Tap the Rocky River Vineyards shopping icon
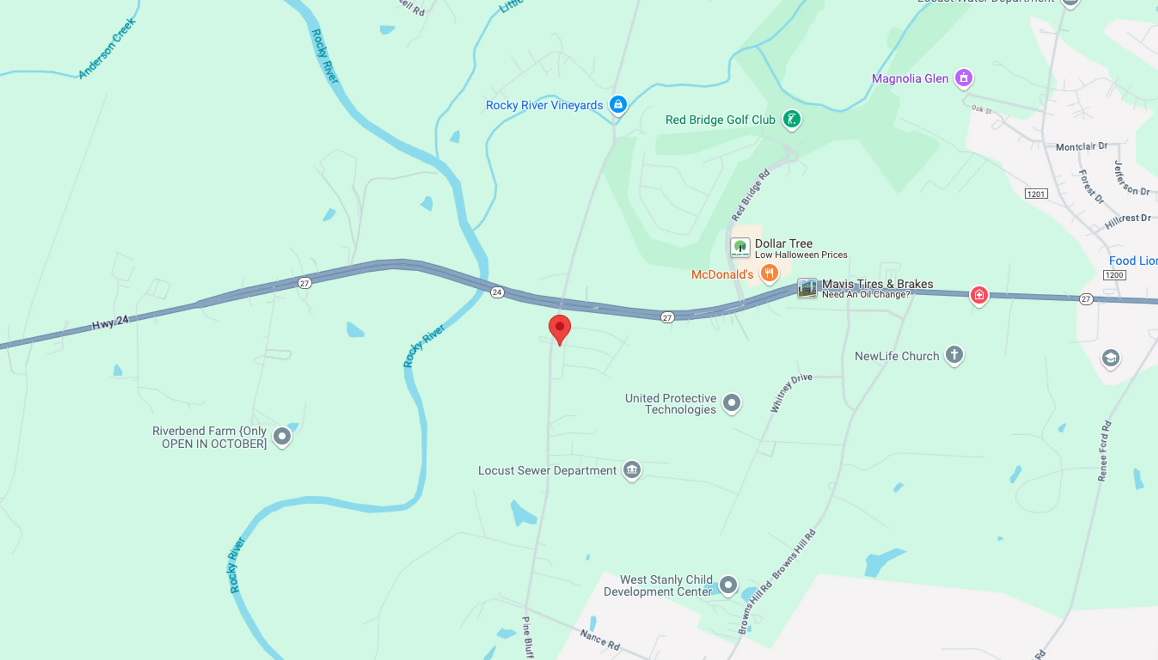tap(618, 104)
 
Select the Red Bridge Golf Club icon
tap(791, 119)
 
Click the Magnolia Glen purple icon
tap(963, 78)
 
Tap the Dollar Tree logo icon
tap(740, 248)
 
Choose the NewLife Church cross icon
tap(954, 355)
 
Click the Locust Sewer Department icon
tap(632, 470)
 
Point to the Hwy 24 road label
tap(110, 323)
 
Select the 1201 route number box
tap(1036, 194)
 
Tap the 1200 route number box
tap(1114, 275)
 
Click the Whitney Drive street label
tap(791, 393)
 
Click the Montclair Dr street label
tap(1081, 147)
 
